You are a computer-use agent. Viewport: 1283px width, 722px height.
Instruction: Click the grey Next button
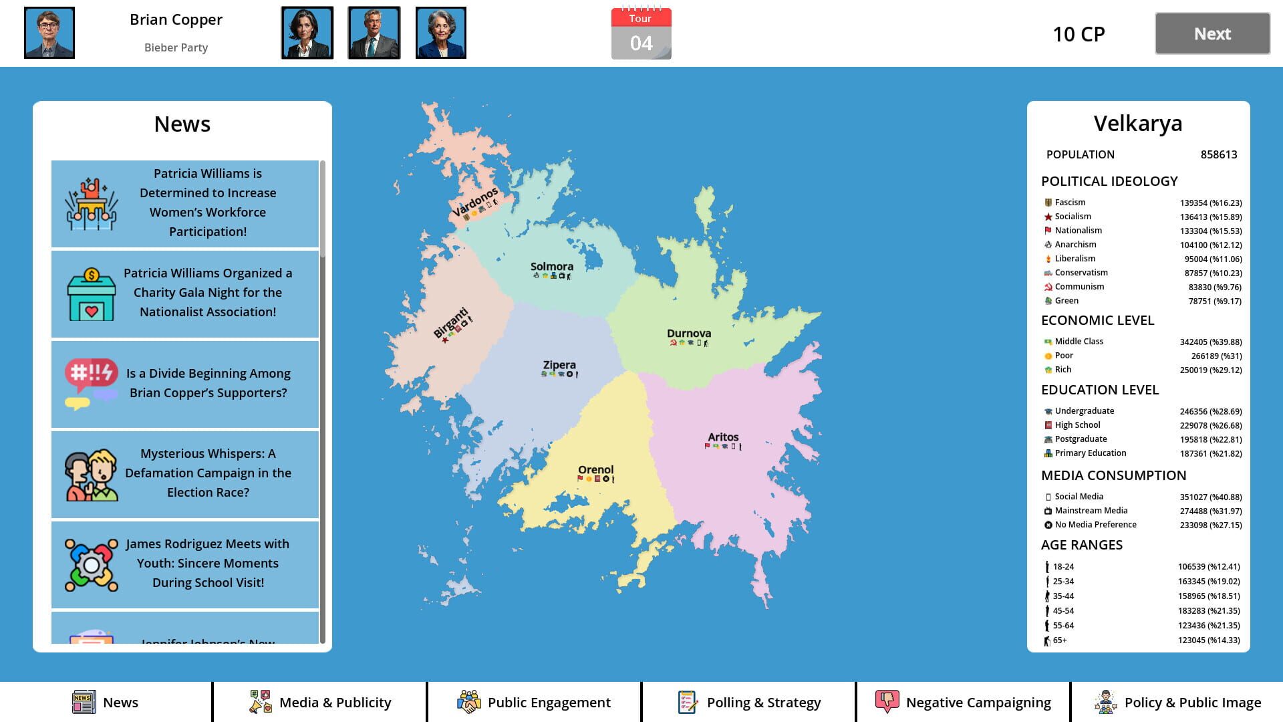click(x=1212, y=33)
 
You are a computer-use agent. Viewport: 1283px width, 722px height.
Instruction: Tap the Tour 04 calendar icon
click(x=641, y=34)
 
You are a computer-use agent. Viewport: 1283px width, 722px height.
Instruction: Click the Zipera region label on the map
click(x=559, y=365)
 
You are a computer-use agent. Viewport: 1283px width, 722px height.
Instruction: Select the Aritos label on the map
click(x=723, y=437)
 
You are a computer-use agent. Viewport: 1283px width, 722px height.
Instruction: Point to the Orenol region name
click(x=595, y=470)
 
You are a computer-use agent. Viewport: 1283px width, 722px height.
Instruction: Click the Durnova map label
click(x=689, y=334)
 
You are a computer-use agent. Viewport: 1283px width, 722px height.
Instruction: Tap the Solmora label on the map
click(x=552, y=267)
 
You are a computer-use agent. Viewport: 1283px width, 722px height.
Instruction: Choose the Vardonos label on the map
click(x=475, y=202)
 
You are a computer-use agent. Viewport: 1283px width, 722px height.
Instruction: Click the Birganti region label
click(x=451, y=322)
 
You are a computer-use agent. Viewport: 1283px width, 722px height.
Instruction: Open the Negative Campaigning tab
click(x=963, y=702)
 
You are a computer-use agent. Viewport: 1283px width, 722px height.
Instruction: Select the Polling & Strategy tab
click(x=749, y=702)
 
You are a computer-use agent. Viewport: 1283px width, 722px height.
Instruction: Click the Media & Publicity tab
click(x=320, y=702)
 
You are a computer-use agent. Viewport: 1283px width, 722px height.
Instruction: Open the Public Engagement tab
click(x=534, y=702)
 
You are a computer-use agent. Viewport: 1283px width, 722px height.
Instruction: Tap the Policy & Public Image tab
click(x=1177, y=702)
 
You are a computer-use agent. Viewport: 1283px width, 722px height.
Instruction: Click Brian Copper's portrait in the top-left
click(x=49, y=33)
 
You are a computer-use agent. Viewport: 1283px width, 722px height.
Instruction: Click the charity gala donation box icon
click(x=92, y=294)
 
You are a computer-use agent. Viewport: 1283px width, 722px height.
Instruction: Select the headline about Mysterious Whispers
click(x=208, y=473)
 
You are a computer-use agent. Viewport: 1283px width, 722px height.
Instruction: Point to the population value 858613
click(x=1218, y=154)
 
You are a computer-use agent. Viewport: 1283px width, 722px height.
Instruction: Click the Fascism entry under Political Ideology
click(x=1070, y=203)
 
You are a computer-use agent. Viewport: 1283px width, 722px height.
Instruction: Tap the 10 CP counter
click(x=1079, y=34)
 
